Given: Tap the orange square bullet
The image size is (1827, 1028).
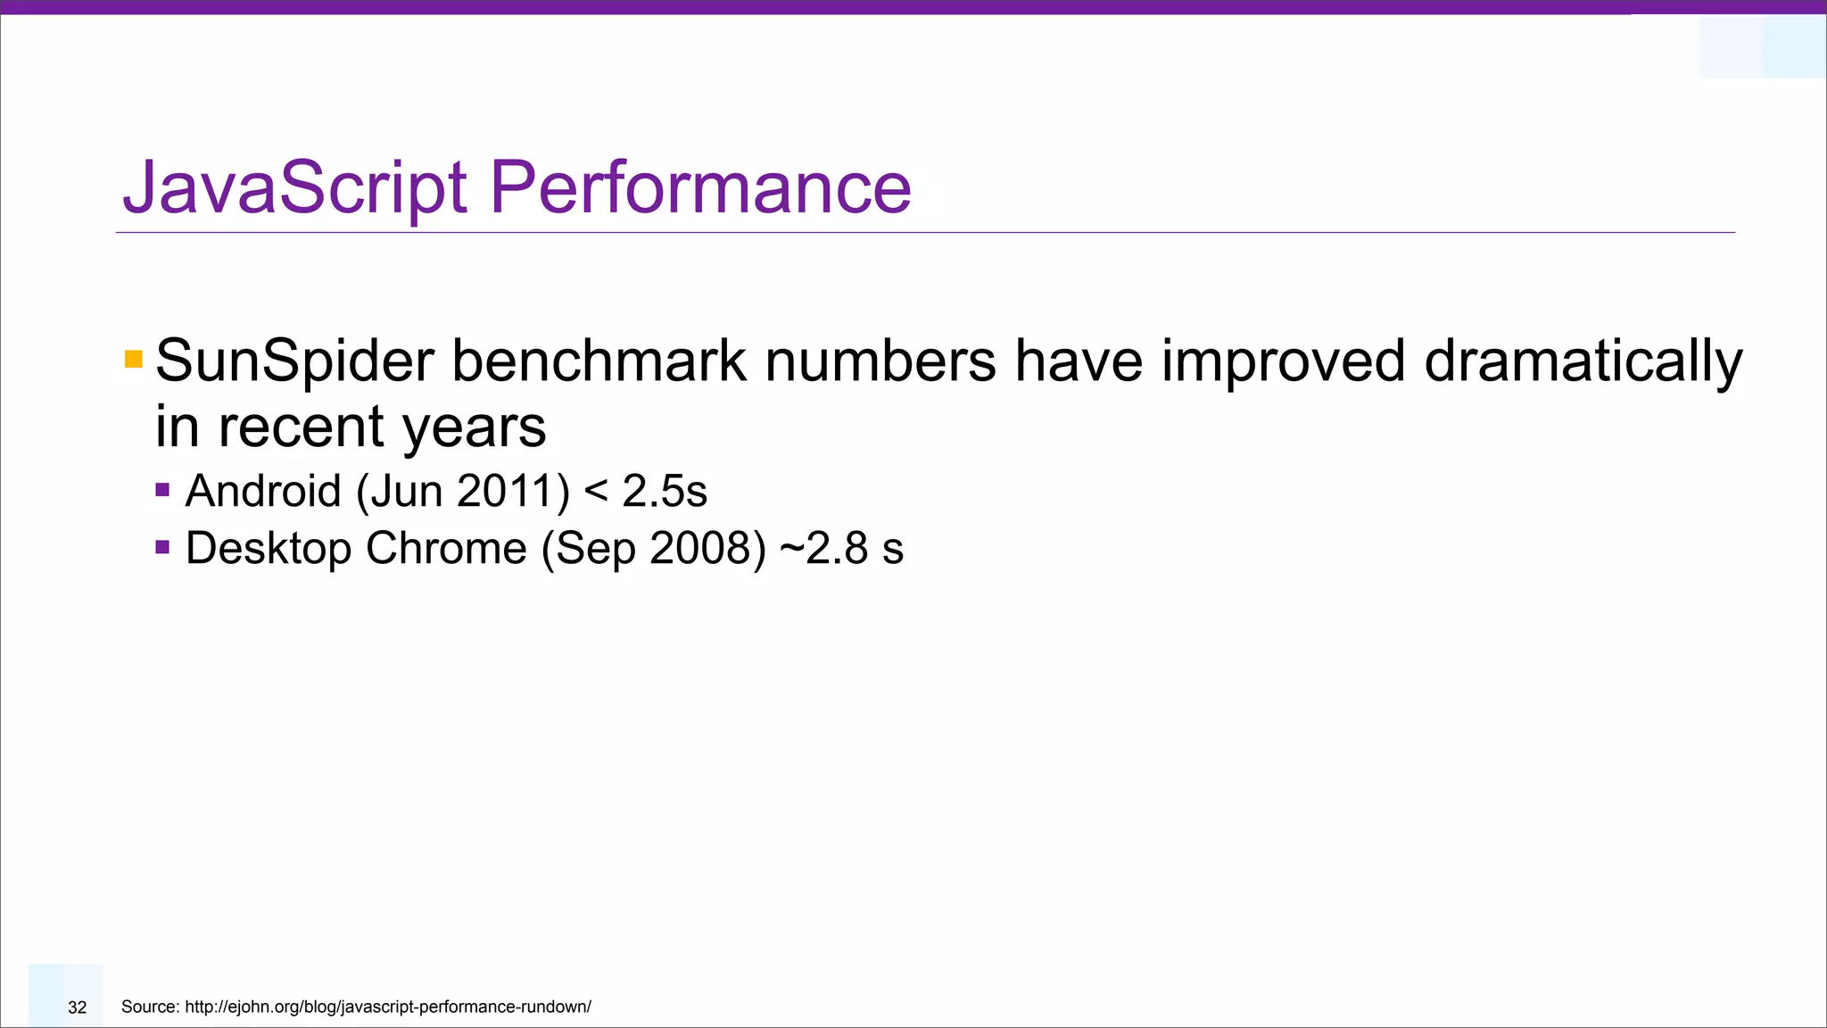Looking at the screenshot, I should point(134,360).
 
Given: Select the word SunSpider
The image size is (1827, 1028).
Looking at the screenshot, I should point(294,361).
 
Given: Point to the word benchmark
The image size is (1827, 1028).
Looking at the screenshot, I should point(599,361).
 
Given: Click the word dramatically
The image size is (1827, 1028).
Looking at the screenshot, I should point(1583,361).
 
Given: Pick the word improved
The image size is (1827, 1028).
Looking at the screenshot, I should point(1283,361).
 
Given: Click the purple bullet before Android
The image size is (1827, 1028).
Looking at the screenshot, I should point(162,489).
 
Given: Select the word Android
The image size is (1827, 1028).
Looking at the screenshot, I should point(263,491).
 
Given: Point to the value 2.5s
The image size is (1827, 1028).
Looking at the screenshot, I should point(665,491).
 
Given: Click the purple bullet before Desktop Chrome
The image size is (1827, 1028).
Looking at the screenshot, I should point(162,546).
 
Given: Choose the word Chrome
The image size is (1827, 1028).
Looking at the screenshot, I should point(446,548).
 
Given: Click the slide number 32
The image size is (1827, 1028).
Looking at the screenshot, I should point(78,1007).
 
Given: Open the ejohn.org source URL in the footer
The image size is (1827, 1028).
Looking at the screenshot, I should point(388,1007).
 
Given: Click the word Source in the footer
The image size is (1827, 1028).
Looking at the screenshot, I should point(150,1007).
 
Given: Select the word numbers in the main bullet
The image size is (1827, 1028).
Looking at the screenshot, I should point(880,361).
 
